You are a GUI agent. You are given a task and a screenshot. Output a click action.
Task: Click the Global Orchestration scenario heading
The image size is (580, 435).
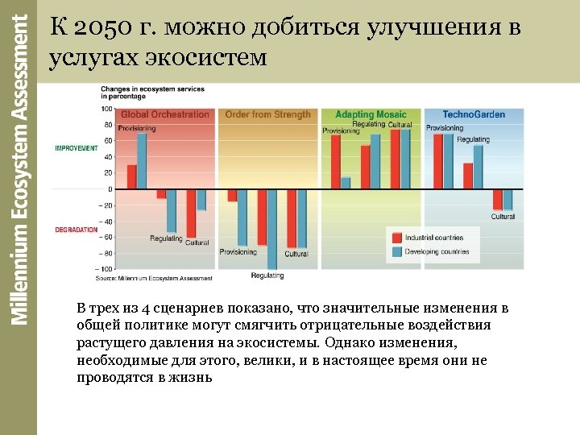[165, 114]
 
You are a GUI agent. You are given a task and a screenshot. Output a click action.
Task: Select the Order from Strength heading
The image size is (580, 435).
[267, 114]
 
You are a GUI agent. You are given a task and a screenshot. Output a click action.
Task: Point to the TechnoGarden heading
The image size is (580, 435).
[474, 114]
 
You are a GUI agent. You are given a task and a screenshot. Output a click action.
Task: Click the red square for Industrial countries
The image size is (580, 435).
[397, 238]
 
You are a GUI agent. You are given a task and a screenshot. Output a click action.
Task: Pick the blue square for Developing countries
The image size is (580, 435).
[397, 251]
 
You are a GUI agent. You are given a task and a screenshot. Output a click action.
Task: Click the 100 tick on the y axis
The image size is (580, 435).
[106, 109]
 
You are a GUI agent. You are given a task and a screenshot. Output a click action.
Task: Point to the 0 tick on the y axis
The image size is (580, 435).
[110, 188]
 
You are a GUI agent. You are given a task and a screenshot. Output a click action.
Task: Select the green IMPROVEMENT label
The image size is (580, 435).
[77, 148]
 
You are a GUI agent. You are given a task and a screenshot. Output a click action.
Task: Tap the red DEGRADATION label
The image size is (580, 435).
[77, 230]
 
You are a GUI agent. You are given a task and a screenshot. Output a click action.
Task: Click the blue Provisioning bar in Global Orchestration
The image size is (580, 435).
[142, 161]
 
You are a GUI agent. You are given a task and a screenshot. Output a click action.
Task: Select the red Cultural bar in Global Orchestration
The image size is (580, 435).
[191, 213]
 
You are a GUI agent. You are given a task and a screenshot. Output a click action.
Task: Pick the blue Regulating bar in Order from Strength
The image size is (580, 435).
[272, 229]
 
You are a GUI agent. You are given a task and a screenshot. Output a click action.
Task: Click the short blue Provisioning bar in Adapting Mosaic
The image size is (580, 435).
[346, 183]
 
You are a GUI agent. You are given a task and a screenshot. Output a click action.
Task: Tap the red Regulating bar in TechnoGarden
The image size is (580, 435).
[468, 176]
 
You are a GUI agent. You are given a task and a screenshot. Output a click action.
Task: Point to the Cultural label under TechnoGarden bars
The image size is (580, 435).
[503, 217]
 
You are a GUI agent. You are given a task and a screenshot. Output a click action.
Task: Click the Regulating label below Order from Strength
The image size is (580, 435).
[267, 276]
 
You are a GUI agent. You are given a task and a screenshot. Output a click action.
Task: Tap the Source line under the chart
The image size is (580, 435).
[154, 279]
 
